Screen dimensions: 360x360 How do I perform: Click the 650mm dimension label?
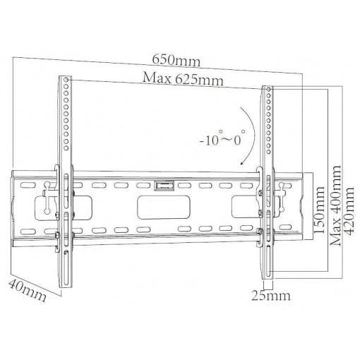click(176, 61)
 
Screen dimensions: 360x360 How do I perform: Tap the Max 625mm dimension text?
click(183, 78)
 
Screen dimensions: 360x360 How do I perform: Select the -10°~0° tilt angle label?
click(222, 138)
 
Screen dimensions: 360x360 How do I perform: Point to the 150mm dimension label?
click(319, 210)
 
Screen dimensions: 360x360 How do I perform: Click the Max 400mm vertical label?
click(335, 205)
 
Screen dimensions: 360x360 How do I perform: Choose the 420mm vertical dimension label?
click(349, 211)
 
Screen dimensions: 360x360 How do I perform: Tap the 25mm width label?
click(271, 296)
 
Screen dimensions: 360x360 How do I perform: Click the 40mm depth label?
click(28, 291)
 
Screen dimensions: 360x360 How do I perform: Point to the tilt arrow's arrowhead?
click(242, 162)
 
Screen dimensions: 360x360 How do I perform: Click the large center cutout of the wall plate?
click(164, 208)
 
